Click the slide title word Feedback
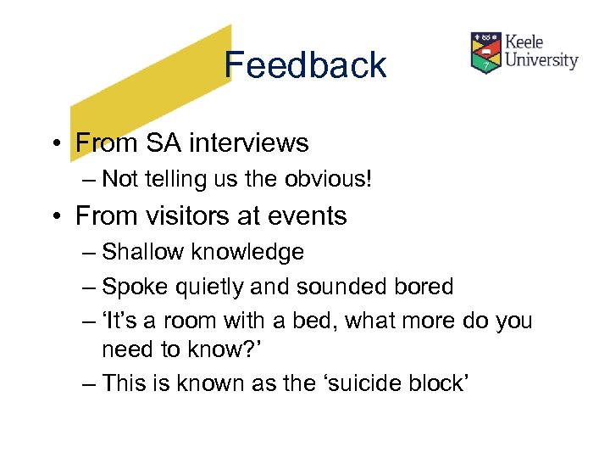306,65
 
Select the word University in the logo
541,60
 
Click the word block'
439,383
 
